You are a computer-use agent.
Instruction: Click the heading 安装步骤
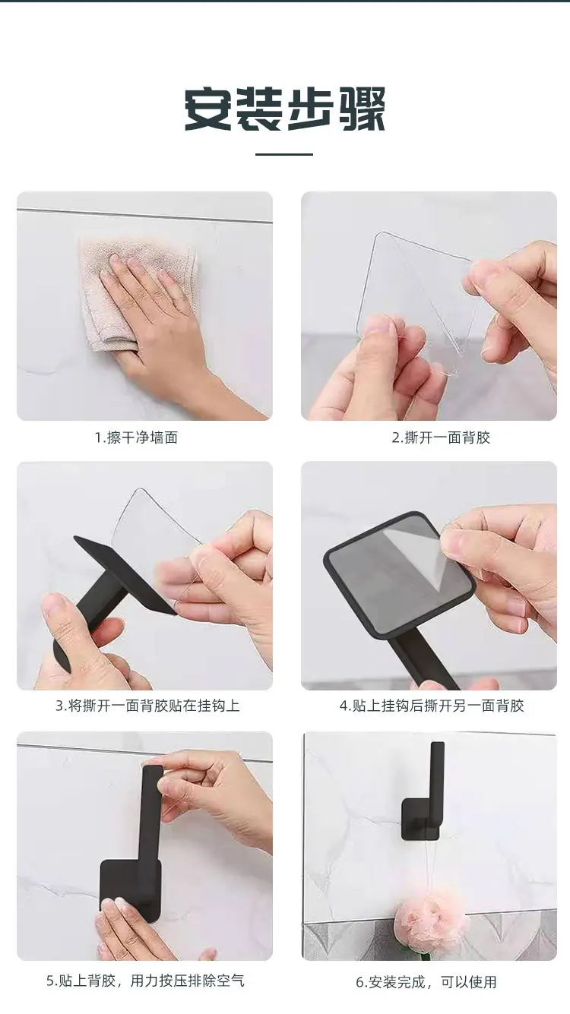284,109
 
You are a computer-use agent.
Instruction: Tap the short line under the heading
284,154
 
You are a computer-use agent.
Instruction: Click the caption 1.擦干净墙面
136,438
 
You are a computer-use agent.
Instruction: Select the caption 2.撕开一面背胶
441,438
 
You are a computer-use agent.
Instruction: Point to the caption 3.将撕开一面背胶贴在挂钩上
147,706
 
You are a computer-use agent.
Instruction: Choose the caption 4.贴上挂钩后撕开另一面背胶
432,706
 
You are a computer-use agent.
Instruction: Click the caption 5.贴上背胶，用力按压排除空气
145,981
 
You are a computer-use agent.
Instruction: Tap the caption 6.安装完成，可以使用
426,982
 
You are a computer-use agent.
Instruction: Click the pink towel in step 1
136,294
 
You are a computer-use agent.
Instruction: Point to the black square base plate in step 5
130,892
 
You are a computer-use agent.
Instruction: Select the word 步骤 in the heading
335,109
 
